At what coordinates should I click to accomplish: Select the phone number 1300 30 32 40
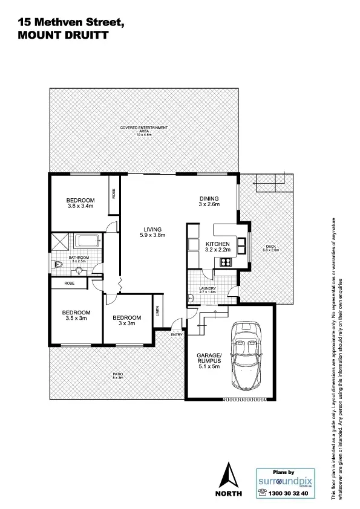287,493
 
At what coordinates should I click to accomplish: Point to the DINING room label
209,202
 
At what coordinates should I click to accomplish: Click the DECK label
271,247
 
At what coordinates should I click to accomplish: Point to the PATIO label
118,376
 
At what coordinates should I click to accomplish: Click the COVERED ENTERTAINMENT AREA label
143,130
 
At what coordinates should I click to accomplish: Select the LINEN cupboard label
157,312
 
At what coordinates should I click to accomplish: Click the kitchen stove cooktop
225,262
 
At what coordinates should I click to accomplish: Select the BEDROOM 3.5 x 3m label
76,316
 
